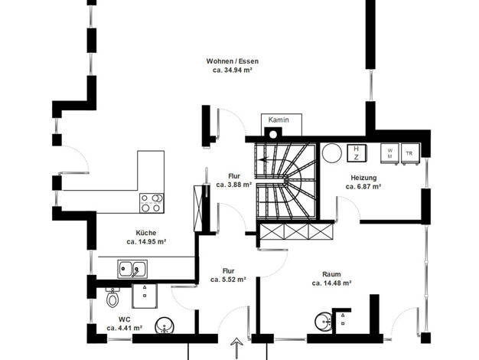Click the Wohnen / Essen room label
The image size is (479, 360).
[x=232, y=61]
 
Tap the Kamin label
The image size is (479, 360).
[x=279, y=120]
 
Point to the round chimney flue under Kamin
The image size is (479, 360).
[x=273, y=135]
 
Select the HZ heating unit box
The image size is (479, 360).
[x=357, y=153]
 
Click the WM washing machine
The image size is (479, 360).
[x=389, y=153]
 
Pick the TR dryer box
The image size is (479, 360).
[x=409, y=154]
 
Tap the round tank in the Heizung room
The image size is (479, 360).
[x=332, y=153]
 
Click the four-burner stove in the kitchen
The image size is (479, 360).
[x=152, y=203]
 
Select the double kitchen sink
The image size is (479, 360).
[x=132, y=269]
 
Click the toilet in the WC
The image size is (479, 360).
[x=112, y=297]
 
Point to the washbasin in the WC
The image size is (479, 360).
[x=165, y=326]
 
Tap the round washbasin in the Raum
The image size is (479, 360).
[x=323, y=322]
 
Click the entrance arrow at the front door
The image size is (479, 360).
[x=236, y=348]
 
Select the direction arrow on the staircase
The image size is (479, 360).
[x=263, y=159]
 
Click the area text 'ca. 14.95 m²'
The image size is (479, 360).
[x=146, y=241]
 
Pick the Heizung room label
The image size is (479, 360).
[x=363, y=178]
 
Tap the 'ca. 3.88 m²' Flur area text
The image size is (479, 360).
[x=233, y=185]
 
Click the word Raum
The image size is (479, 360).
[x=331, y=274]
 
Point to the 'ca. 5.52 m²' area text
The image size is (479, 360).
[x=228, y=280]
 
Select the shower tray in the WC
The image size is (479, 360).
[x=145, y=296]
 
